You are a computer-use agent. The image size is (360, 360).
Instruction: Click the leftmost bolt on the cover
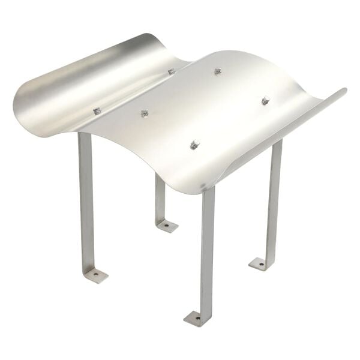96,111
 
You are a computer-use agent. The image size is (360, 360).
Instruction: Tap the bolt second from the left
144,113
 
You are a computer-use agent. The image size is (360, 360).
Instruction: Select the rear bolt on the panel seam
172,72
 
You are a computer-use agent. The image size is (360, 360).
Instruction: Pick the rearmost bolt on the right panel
218,71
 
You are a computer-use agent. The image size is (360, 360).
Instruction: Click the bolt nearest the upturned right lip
265,100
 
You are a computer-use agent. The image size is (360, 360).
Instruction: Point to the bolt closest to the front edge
194,145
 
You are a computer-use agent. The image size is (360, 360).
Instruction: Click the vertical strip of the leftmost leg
86,198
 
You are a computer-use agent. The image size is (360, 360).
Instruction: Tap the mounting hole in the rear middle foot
167,226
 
